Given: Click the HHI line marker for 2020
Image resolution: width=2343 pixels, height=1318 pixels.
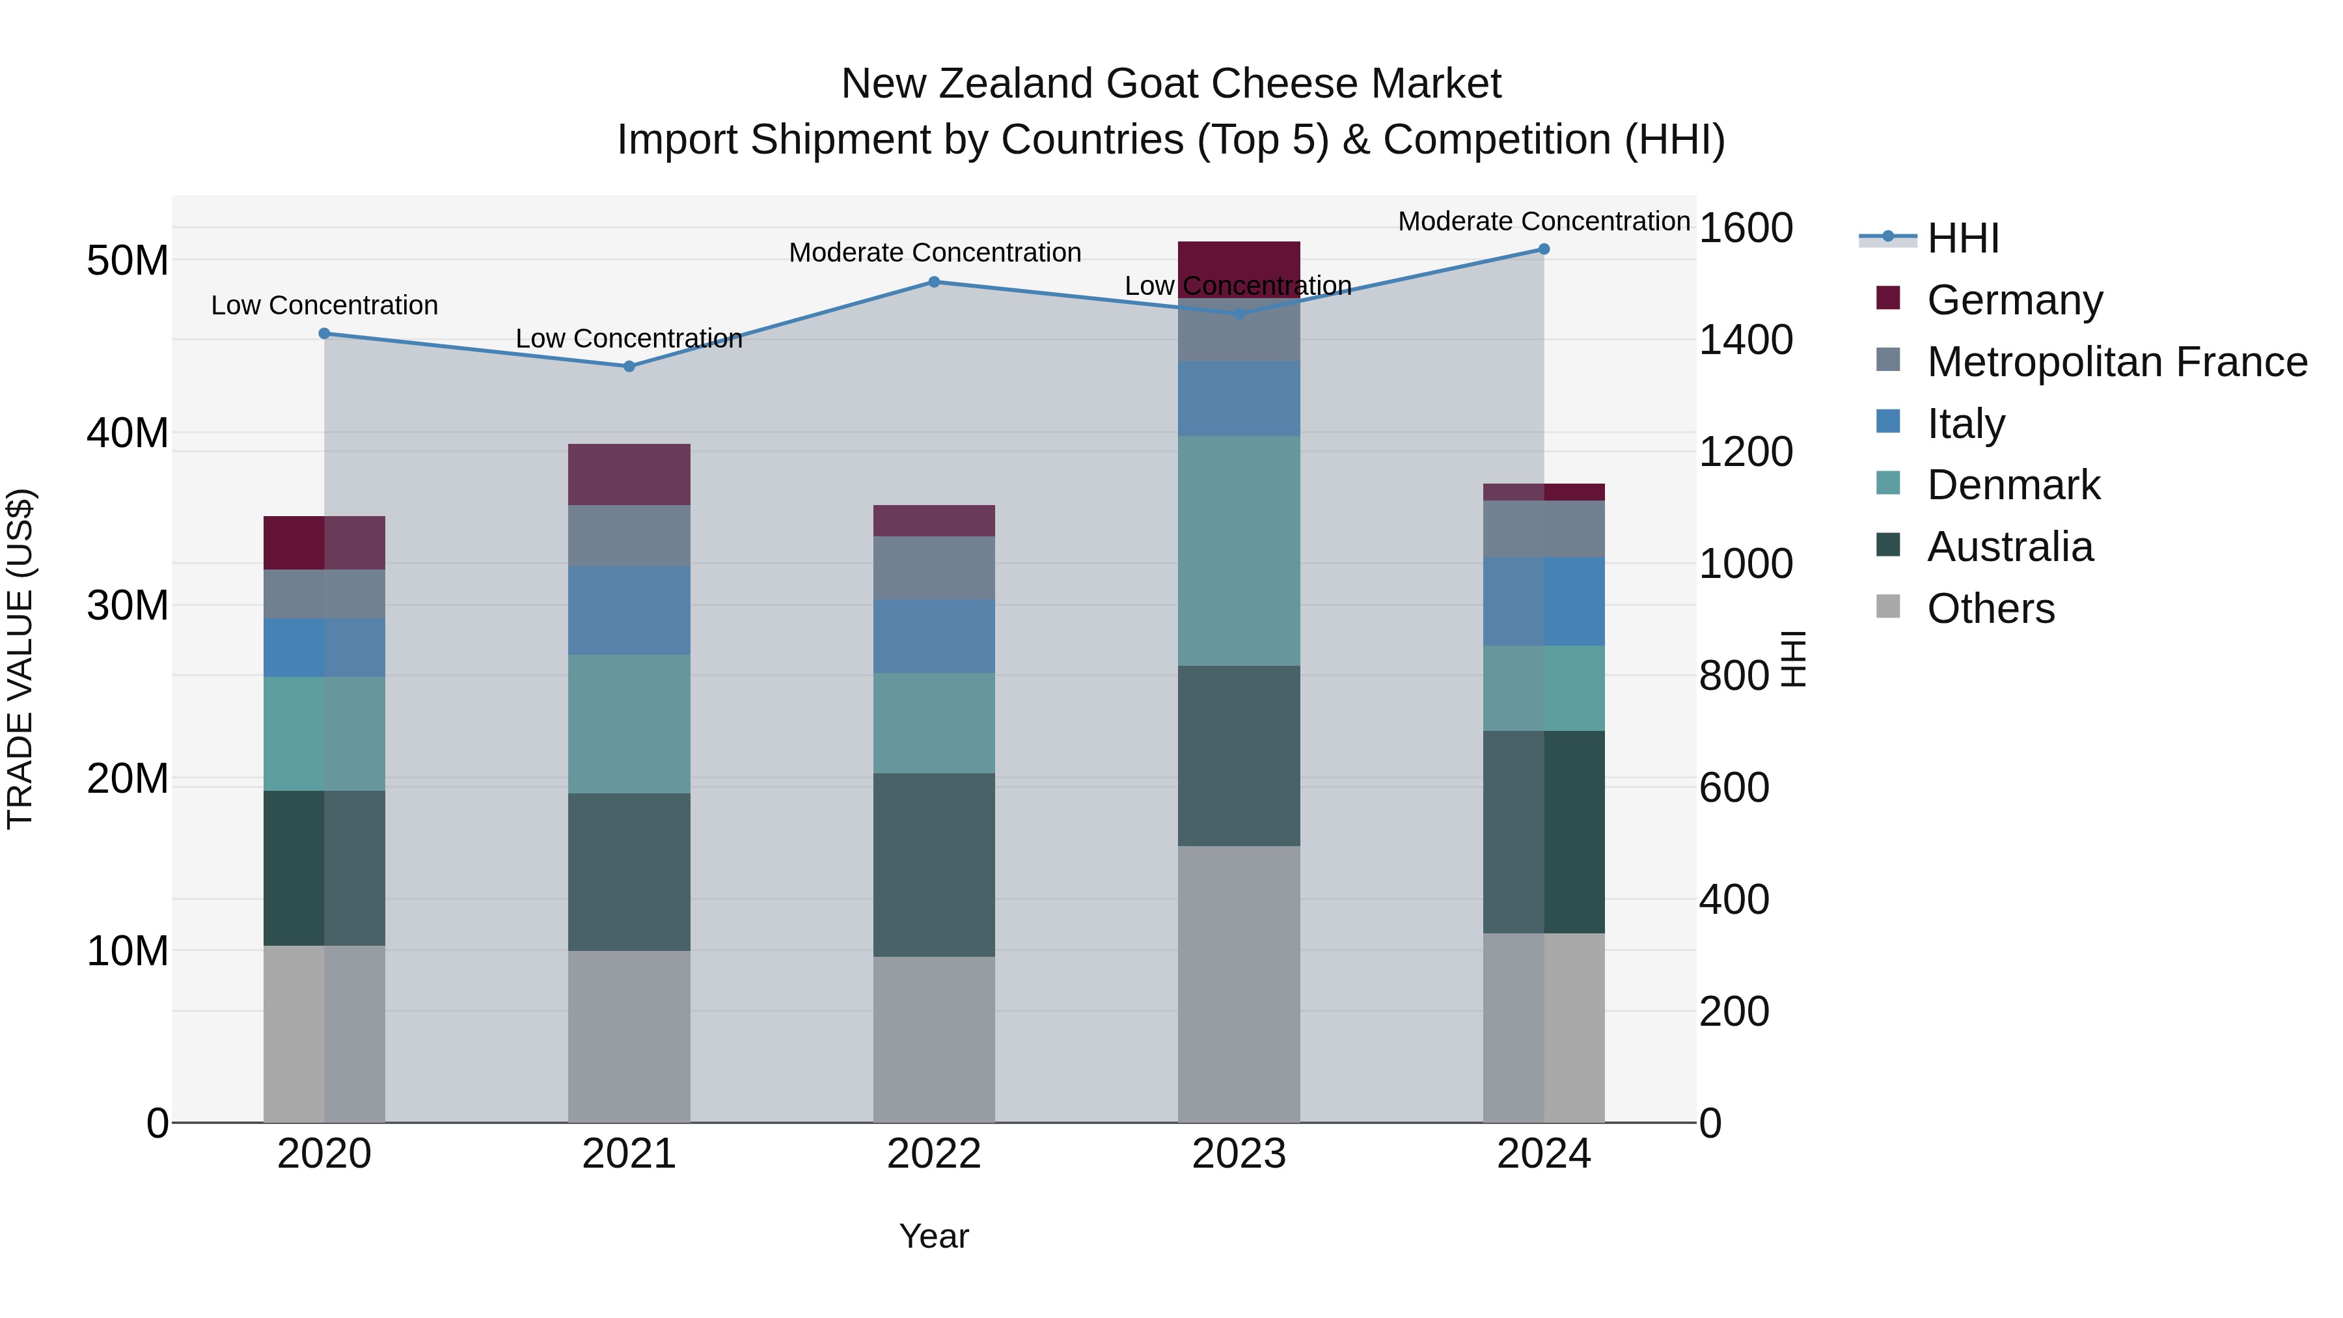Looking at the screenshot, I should (x=324, y=334).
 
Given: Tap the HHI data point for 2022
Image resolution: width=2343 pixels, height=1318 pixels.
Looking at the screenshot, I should (x=934, y=282).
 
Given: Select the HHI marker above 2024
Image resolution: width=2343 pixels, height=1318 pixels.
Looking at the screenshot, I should (x=1544, y=249).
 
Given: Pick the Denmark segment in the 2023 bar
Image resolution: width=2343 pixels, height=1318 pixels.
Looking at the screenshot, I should (x=1239, y=550).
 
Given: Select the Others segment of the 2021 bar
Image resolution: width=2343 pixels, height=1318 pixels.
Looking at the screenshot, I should (x=629, y=1036).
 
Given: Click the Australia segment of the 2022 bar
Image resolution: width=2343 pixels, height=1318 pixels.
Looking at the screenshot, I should (x=934, y=864).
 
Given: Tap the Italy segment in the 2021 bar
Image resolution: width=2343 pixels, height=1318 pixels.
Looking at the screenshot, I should (x=629, y=611).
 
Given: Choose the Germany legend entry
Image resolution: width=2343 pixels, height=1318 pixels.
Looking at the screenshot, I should (x=2014, y=300).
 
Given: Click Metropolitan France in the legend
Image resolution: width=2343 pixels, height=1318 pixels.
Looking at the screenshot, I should (x=2117, y=362).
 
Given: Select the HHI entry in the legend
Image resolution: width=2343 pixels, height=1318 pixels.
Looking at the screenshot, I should (x=1963, y=238).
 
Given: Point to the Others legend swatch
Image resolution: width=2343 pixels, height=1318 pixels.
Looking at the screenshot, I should (x=1888, y=607).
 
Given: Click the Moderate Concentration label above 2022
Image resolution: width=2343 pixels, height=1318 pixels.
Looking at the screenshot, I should (x=934, y=253).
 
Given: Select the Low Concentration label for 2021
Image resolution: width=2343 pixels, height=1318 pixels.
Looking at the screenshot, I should (x=629, y=338).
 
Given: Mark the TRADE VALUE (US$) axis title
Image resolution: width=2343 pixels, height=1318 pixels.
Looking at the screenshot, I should (x=21, y=659).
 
